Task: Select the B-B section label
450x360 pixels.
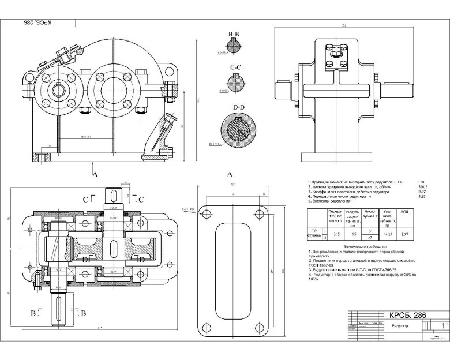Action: point(234,36)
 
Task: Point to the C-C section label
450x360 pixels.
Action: point(235,69)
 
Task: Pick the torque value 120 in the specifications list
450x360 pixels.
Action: point(421,181)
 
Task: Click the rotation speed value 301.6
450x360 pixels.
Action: point(422,186)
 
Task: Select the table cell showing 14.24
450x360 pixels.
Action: point(387,235)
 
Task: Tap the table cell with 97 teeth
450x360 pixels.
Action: point(369,238)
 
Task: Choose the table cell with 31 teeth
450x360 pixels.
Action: point(369,231)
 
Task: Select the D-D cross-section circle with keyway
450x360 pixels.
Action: point(238,130)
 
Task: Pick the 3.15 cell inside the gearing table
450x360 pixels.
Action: point(337,235)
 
